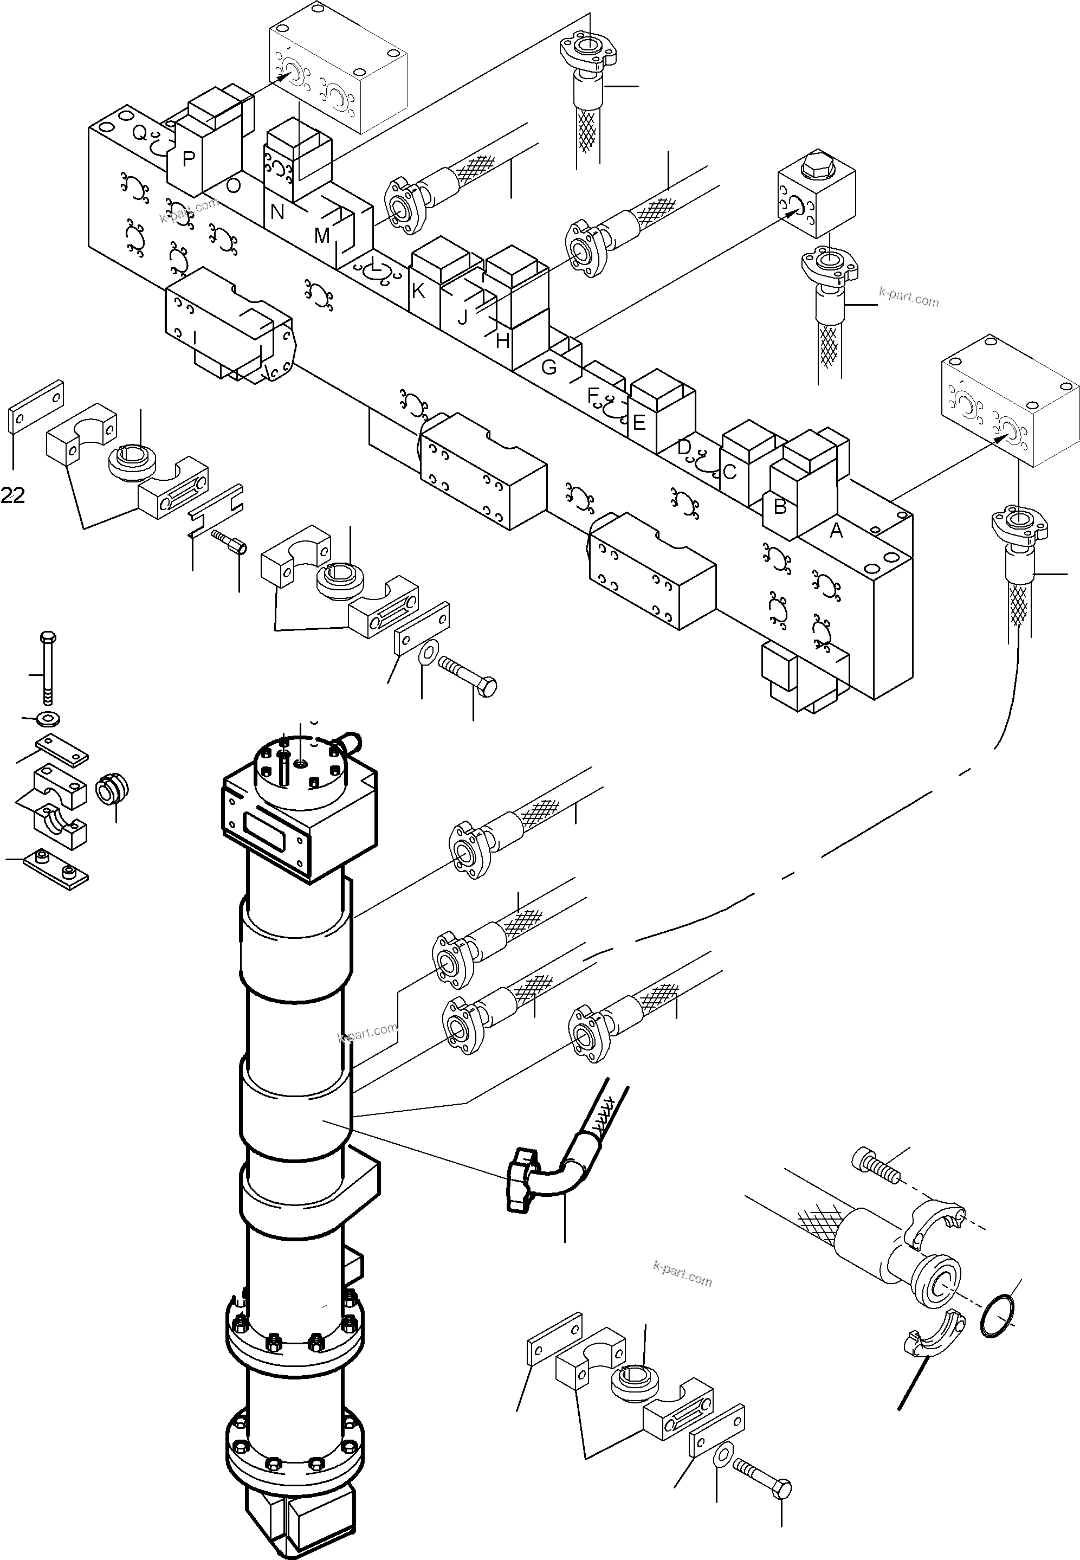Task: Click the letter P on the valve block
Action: pos(189,159)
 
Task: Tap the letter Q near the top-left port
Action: pos(139,133)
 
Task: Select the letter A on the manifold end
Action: pos(836,531)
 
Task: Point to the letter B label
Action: pos(780,506)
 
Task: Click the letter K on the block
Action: pos(418,291)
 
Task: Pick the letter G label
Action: pos(549,368)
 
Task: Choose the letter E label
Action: pos(639,423)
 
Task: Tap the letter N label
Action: pos(277,212)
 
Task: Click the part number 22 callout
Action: pos(13,496)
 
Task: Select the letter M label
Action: pos(322,236)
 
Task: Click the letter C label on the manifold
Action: pos(729,472)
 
